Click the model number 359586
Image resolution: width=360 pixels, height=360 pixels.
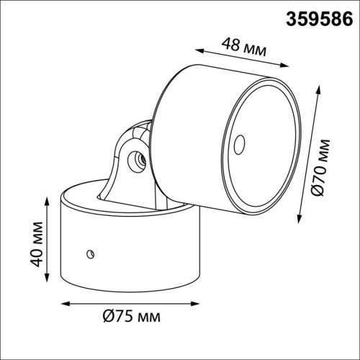click(x=320, y=19)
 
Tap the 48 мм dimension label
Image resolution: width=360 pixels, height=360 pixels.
click(x=244, y=48)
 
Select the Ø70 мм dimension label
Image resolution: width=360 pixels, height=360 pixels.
click(x=322, y=168)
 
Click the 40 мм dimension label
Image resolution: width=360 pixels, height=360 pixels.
click(x=37, y=244)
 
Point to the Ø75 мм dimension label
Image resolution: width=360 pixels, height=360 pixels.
click(x=132, y=317)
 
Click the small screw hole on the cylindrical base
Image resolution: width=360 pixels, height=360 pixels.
click(x=91, y=254)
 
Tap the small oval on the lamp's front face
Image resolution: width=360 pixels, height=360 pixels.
click(x=239, y=145)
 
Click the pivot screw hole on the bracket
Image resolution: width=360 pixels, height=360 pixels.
click(x=136, y=161)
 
